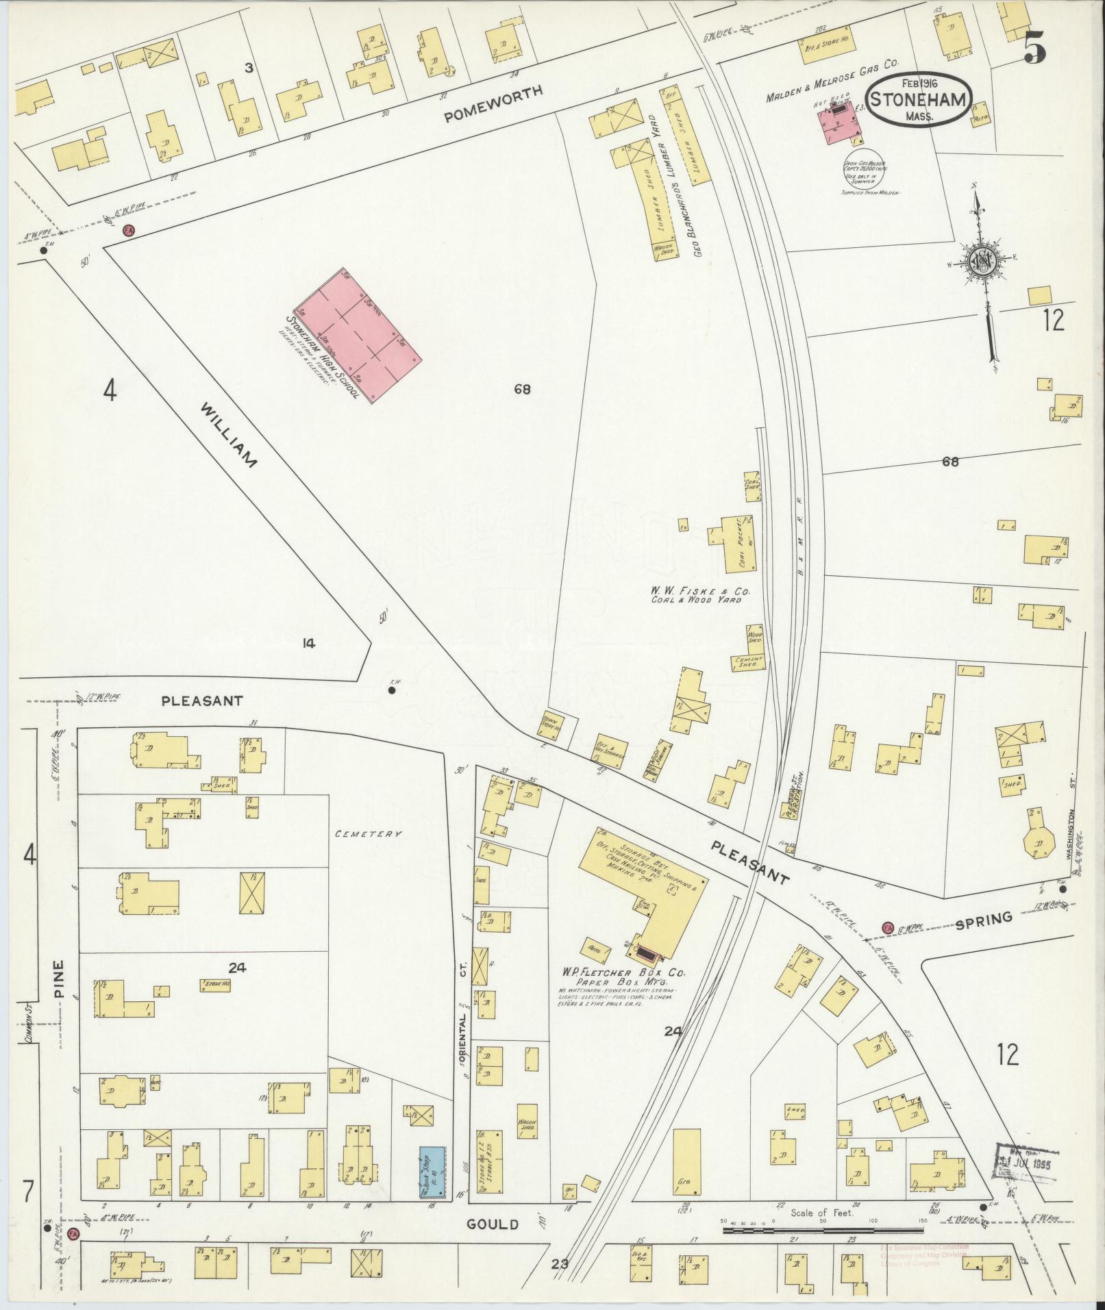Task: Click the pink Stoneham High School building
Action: [358, 336]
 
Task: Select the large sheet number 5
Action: [1035, 47]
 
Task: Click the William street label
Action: [229, 435]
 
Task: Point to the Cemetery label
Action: [368, 833]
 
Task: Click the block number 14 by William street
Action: [309, 642]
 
